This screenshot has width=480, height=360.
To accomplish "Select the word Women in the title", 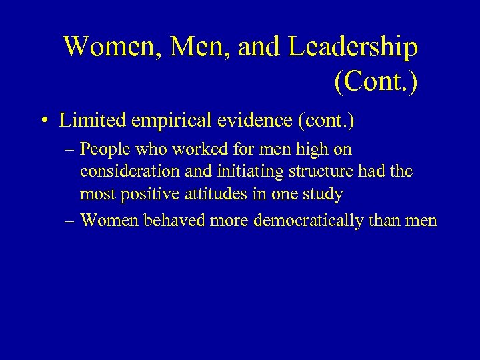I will pyautogui.click(x=107, y=47).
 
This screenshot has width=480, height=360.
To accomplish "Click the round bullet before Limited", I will pyautogui.click(x=43, y=121).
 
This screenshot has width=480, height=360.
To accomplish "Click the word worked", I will pyautogui.click(x=200, y=150).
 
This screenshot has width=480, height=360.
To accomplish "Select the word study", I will pyautogui.click(x=321, y=194).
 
